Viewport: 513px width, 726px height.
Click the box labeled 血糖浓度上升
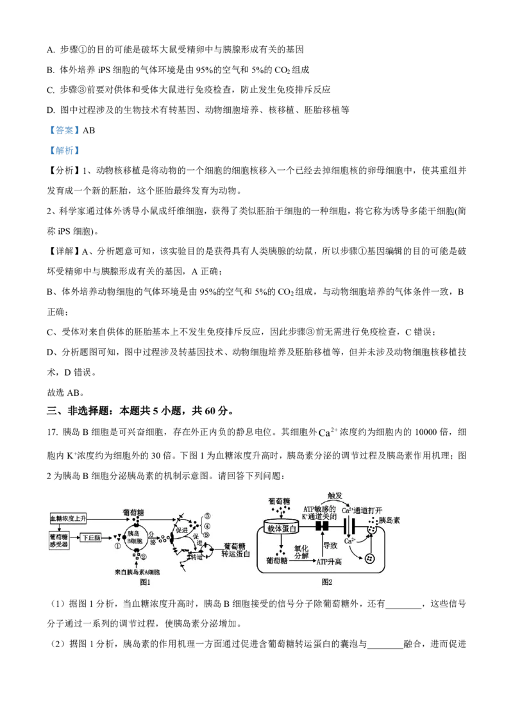tap(68, 518)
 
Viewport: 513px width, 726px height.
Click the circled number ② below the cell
tap(143, 557)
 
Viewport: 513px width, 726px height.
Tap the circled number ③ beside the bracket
tap(207, 516)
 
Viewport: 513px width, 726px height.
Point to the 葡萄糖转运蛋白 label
tap(235, 549)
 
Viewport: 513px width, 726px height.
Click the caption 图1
tap(145, 583)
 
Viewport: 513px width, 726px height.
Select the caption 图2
tap(327, 583)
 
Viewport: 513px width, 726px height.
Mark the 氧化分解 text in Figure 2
tap(301, 552)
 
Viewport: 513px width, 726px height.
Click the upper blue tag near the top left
tap(64, 131)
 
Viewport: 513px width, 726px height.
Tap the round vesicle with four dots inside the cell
tap(370, 559)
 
